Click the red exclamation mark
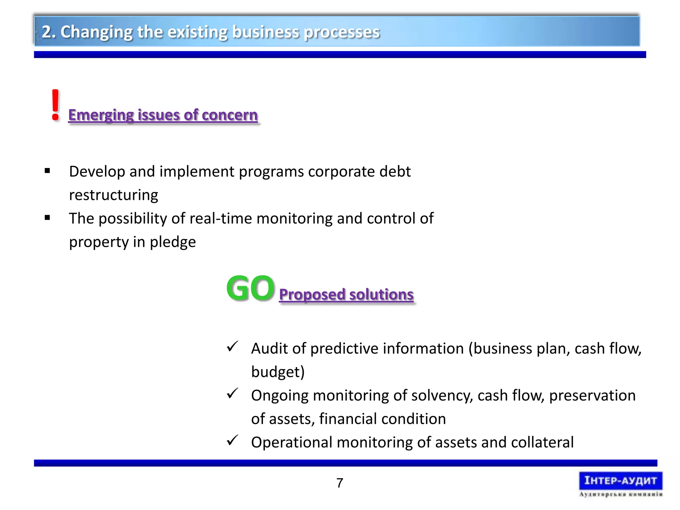pyautogui.click(x=55, y=105)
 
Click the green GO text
pyautogui.click(x=250, y=288)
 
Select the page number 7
pyautogui.click(x=340, y=483)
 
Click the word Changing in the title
pyautogui.click(x=97, y=32)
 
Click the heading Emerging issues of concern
pyautogui.click(x=163, y=115)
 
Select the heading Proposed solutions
pyautogui.click(x=346, y=295)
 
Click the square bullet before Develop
pyautogui.click(x=47, y=171)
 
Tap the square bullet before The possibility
pyautogui.click(x=47, y=218)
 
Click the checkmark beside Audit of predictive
pyautogui.click(x=232, y=347)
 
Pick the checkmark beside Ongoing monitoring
pyautogui.click(x=232, y=393)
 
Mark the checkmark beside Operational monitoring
pyautogui.click(x=232, y=440)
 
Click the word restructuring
pyautogui.click(x=114, y=195)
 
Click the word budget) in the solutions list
pyautogui.click(x=278, y=372)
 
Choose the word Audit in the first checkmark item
pyautogui.click(x=269, y=349)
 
